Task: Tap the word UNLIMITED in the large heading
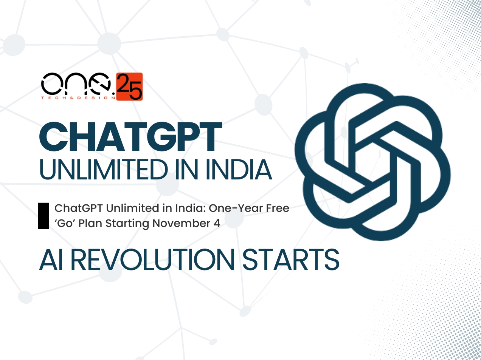click(104, 170)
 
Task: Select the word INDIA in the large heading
click(239, 170)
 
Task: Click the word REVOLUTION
click(152, 260)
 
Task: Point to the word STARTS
click(290, 260)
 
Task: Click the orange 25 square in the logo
click(129, 87)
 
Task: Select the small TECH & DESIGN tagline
click(78, 98)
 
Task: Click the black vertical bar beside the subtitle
click(43, 216)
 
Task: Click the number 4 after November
click(217, 223)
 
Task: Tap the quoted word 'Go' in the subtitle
click(65, 223)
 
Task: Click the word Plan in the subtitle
click(90, 223)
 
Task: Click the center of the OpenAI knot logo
click(372, 162)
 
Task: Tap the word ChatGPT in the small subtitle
click(78, 208)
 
